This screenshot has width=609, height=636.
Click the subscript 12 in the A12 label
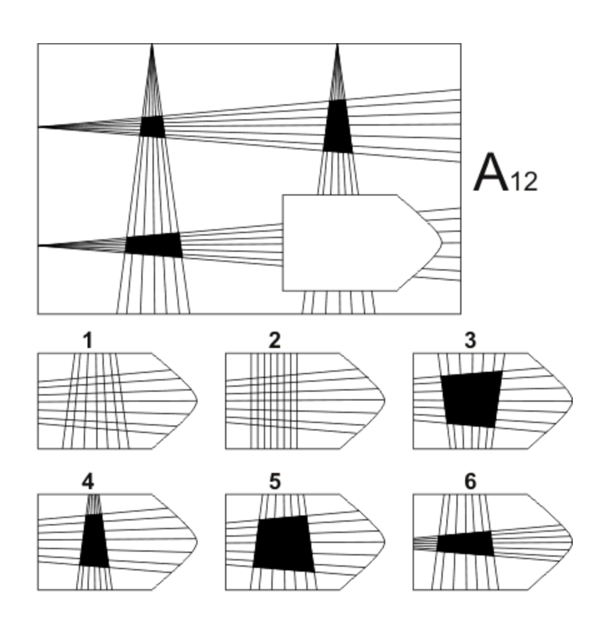(x=523, y=182)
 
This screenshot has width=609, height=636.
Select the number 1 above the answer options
(x=88, y=340)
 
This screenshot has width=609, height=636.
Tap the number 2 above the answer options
(x=274, y=340)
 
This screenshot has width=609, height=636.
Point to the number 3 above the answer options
(x=470, y=340)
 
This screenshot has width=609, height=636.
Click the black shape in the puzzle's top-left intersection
(x=152, y=127)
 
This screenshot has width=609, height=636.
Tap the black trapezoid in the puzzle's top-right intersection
(x=338, y=127)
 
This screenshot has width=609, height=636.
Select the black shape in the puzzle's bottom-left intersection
(x=153, y=244)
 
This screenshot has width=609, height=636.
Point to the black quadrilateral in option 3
(x=471, y=399)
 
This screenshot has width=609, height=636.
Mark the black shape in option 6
(x=465, y=544)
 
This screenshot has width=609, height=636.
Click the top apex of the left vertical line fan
(x=152, y=46)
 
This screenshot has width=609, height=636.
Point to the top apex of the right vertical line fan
(x=338, y=46)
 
